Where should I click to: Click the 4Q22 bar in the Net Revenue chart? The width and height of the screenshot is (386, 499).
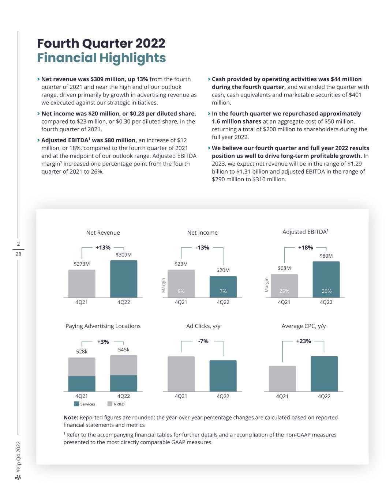click(x=124, y=279)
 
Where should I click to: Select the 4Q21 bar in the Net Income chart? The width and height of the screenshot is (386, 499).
click(x=181, y=283)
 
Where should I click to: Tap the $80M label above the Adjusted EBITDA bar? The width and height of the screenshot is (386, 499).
click(x=326, y=256)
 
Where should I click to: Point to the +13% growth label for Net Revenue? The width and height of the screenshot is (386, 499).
click(x=103, y=247)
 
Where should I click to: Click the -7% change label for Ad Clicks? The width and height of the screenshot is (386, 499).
click(x=203, y=341)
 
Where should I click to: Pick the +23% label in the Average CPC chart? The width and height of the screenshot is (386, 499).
click(x=304, y=341)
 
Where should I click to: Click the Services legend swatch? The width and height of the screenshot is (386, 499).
click(x=76, y=404)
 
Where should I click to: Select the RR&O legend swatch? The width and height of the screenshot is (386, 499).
click(x=110, y=404)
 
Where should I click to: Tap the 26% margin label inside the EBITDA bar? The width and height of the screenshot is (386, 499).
click(x=326, y=291)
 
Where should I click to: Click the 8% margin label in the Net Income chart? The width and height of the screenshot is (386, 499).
click(x=181, y=291)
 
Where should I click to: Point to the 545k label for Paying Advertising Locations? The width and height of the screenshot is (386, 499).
click(x=124, y=349)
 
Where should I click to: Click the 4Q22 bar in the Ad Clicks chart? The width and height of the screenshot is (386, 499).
click(x=223, y=376)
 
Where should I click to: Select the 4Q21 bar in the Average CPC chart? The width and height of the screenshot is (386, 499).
click(x=282, y=378)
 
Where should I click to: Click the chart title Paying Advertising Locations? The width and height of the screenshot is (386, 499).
click(x=103, y=326)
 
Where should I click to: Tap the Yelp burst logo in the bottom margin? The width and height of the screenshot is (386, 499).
click(x=18, y=477)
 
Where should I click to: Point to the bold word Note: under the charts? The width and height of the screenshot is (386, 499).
click(x=71, y=417)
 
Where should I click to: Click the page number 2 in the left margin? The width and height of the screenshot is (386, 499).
click(x=18, y=244)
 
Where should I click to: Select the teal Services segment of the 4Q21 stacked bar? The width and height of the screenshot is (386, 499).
click(x=82, y=383)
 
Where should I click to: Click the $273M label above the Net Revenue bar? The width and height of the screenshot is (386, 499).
click(x=82, y=264)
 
